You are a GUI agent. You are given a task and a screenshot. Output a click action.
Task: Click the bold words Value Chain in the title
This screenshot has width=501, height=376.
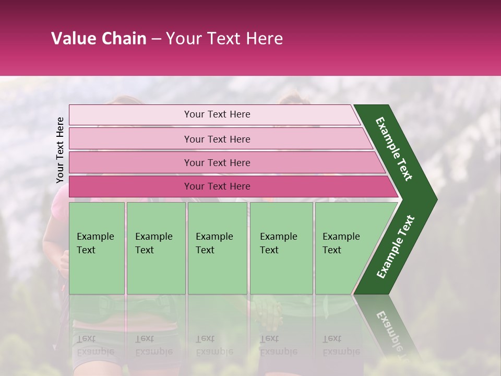[x=99, y=39]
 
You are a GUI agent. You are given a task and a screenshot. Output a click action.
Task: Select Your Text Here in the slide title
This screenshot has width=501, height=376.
[x=224, y=39]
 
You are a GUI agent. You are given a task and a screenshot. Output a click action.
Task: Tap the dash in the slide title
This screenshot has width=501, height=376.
[x=156, y=39]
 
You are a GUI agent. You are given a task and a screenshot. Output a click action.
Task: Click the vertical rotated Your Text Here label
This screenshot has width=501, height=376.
[x=60, y=150]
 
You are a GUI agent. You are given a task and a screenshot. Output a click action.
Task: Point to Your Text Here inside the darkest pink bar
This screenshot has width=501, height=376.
[x=217, y=186]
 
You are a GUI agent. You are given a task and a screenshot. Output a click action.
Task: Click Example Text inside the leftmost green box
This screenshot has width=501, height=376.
[x=95, y=243]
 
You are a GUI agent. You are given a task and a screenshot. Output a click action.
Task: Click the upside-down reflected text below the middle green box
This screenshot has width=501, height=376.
[x=214, y=345]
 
